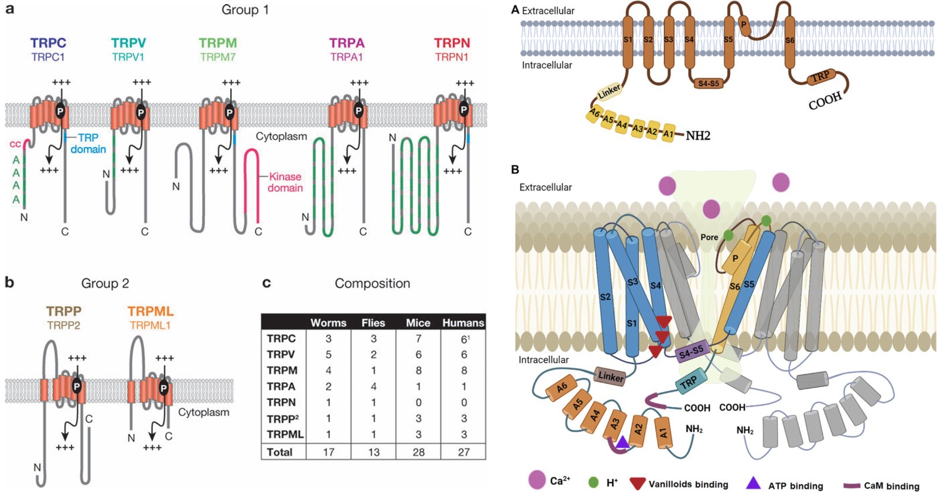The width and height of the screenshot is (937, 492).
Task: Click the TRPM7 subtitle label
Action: (217, 57)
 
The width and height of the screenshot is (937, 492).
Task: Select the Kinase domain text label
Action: (285, 182)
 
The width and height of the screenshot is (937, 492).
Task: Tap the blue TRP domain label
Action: (88, 143)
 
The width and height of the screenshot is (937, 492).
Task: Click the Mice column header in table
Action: (418, 323)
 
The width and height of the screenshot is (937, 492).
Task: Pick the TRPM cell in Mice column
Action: (418, 370)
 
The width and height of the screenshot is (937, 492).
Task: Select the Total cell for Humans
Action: (464, 452)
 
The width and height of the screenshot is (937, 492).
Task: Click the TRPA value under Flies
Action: (374, 386)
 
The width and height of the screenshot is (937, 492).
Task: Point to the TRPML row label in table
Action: (285, 435)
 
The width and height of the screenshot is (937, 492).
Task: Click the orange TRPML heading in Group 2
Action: (151, 311)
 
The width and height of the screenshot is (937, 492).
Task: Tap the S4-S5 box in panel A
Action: (709, 83)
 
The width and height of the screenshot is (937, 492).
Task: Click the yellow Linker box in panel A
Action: (610, 92)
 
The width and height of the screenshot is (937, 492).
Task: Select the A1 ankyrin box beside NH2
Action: (668, 134)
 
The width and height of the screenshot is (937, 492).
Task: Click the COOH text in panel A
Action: (825, 101)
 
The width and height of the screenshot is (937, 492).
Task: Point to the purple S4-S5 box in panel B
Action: (692, 352)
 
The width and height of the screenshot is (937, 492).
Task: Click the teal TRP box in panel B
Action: (688, 382)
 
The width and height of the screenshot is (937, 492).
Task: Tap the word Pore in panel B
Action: (709, 237)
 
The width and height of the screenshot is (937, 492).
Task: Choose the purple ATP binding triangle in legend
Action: (753, 483)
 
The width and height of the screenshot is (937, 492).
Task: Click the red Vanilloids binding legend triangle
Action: (638, 483)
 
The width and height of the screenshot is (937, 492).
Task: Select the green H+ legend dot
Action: (593, 483)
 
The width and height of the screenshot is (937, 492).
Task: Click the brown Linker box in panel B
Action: (611, 376)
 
